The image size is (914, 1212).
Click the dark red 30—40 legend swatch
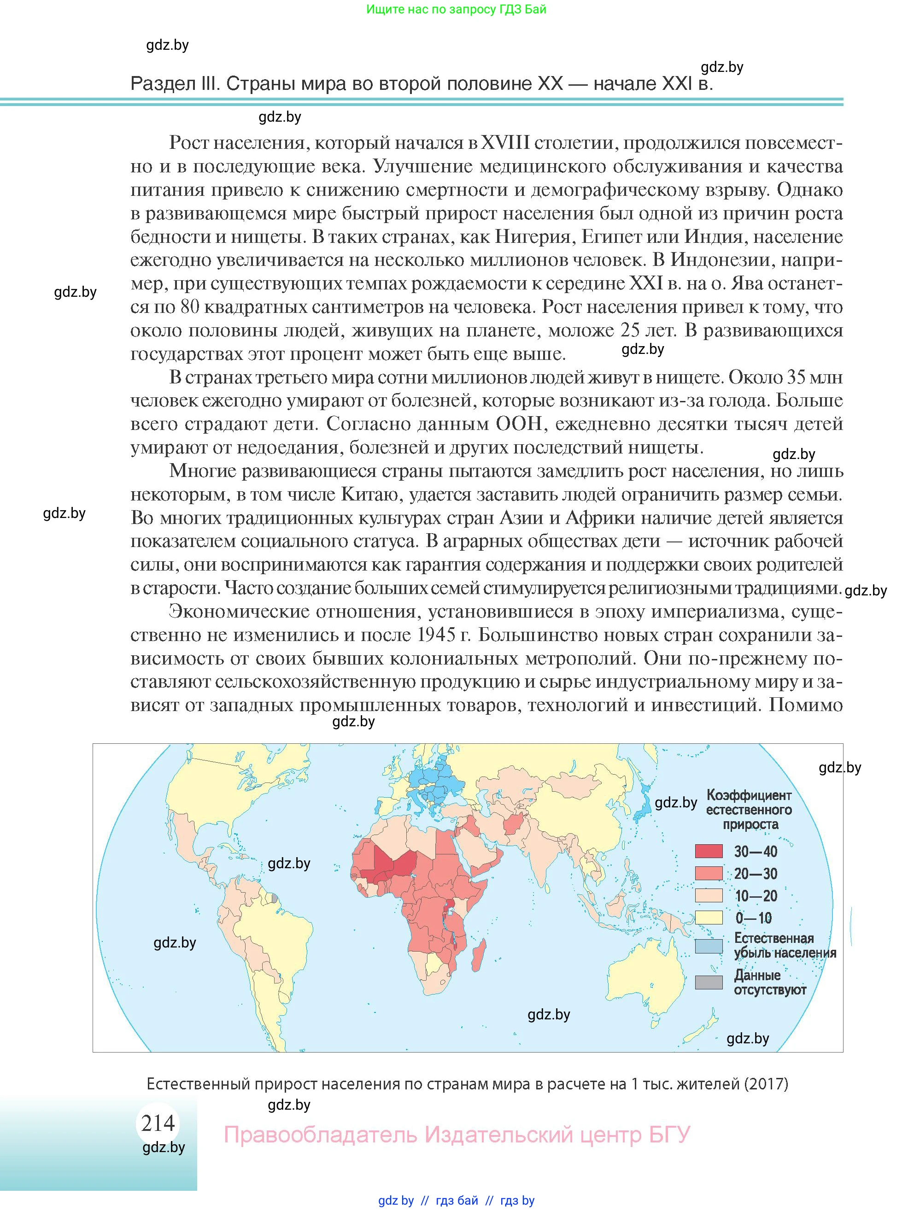coord(709,851)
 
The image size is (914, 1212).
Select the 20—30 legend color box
coord(709,873)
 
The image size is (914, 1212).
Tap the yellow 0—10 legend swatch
coord(709,918)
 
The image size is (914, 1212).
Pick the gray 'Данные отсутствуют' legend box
coord(709,983)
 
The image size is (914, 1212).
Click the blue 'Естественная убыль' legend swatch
coord(709,946)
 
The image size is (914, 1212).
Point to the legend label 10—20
coord(756,896)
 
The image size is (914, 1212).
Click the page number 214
coord(158,1123)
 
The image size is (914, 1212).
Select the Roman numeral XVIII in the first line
coord(505,142)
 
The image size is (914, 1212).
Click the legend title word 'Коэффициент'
coord(749,795)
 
